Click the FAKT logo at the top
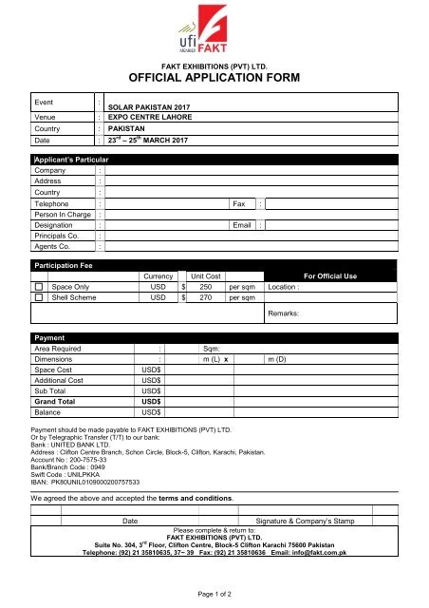tap(214, 33)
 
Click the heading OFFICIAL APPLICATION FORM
tap(214, 79)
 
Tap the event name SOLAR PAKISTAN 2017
tap(150, 109)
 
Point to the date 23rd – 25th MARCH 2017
tap(148, 140)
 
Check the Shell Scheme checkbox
tap(39, 297)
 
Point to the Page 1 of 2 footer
tap(214, 592)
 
